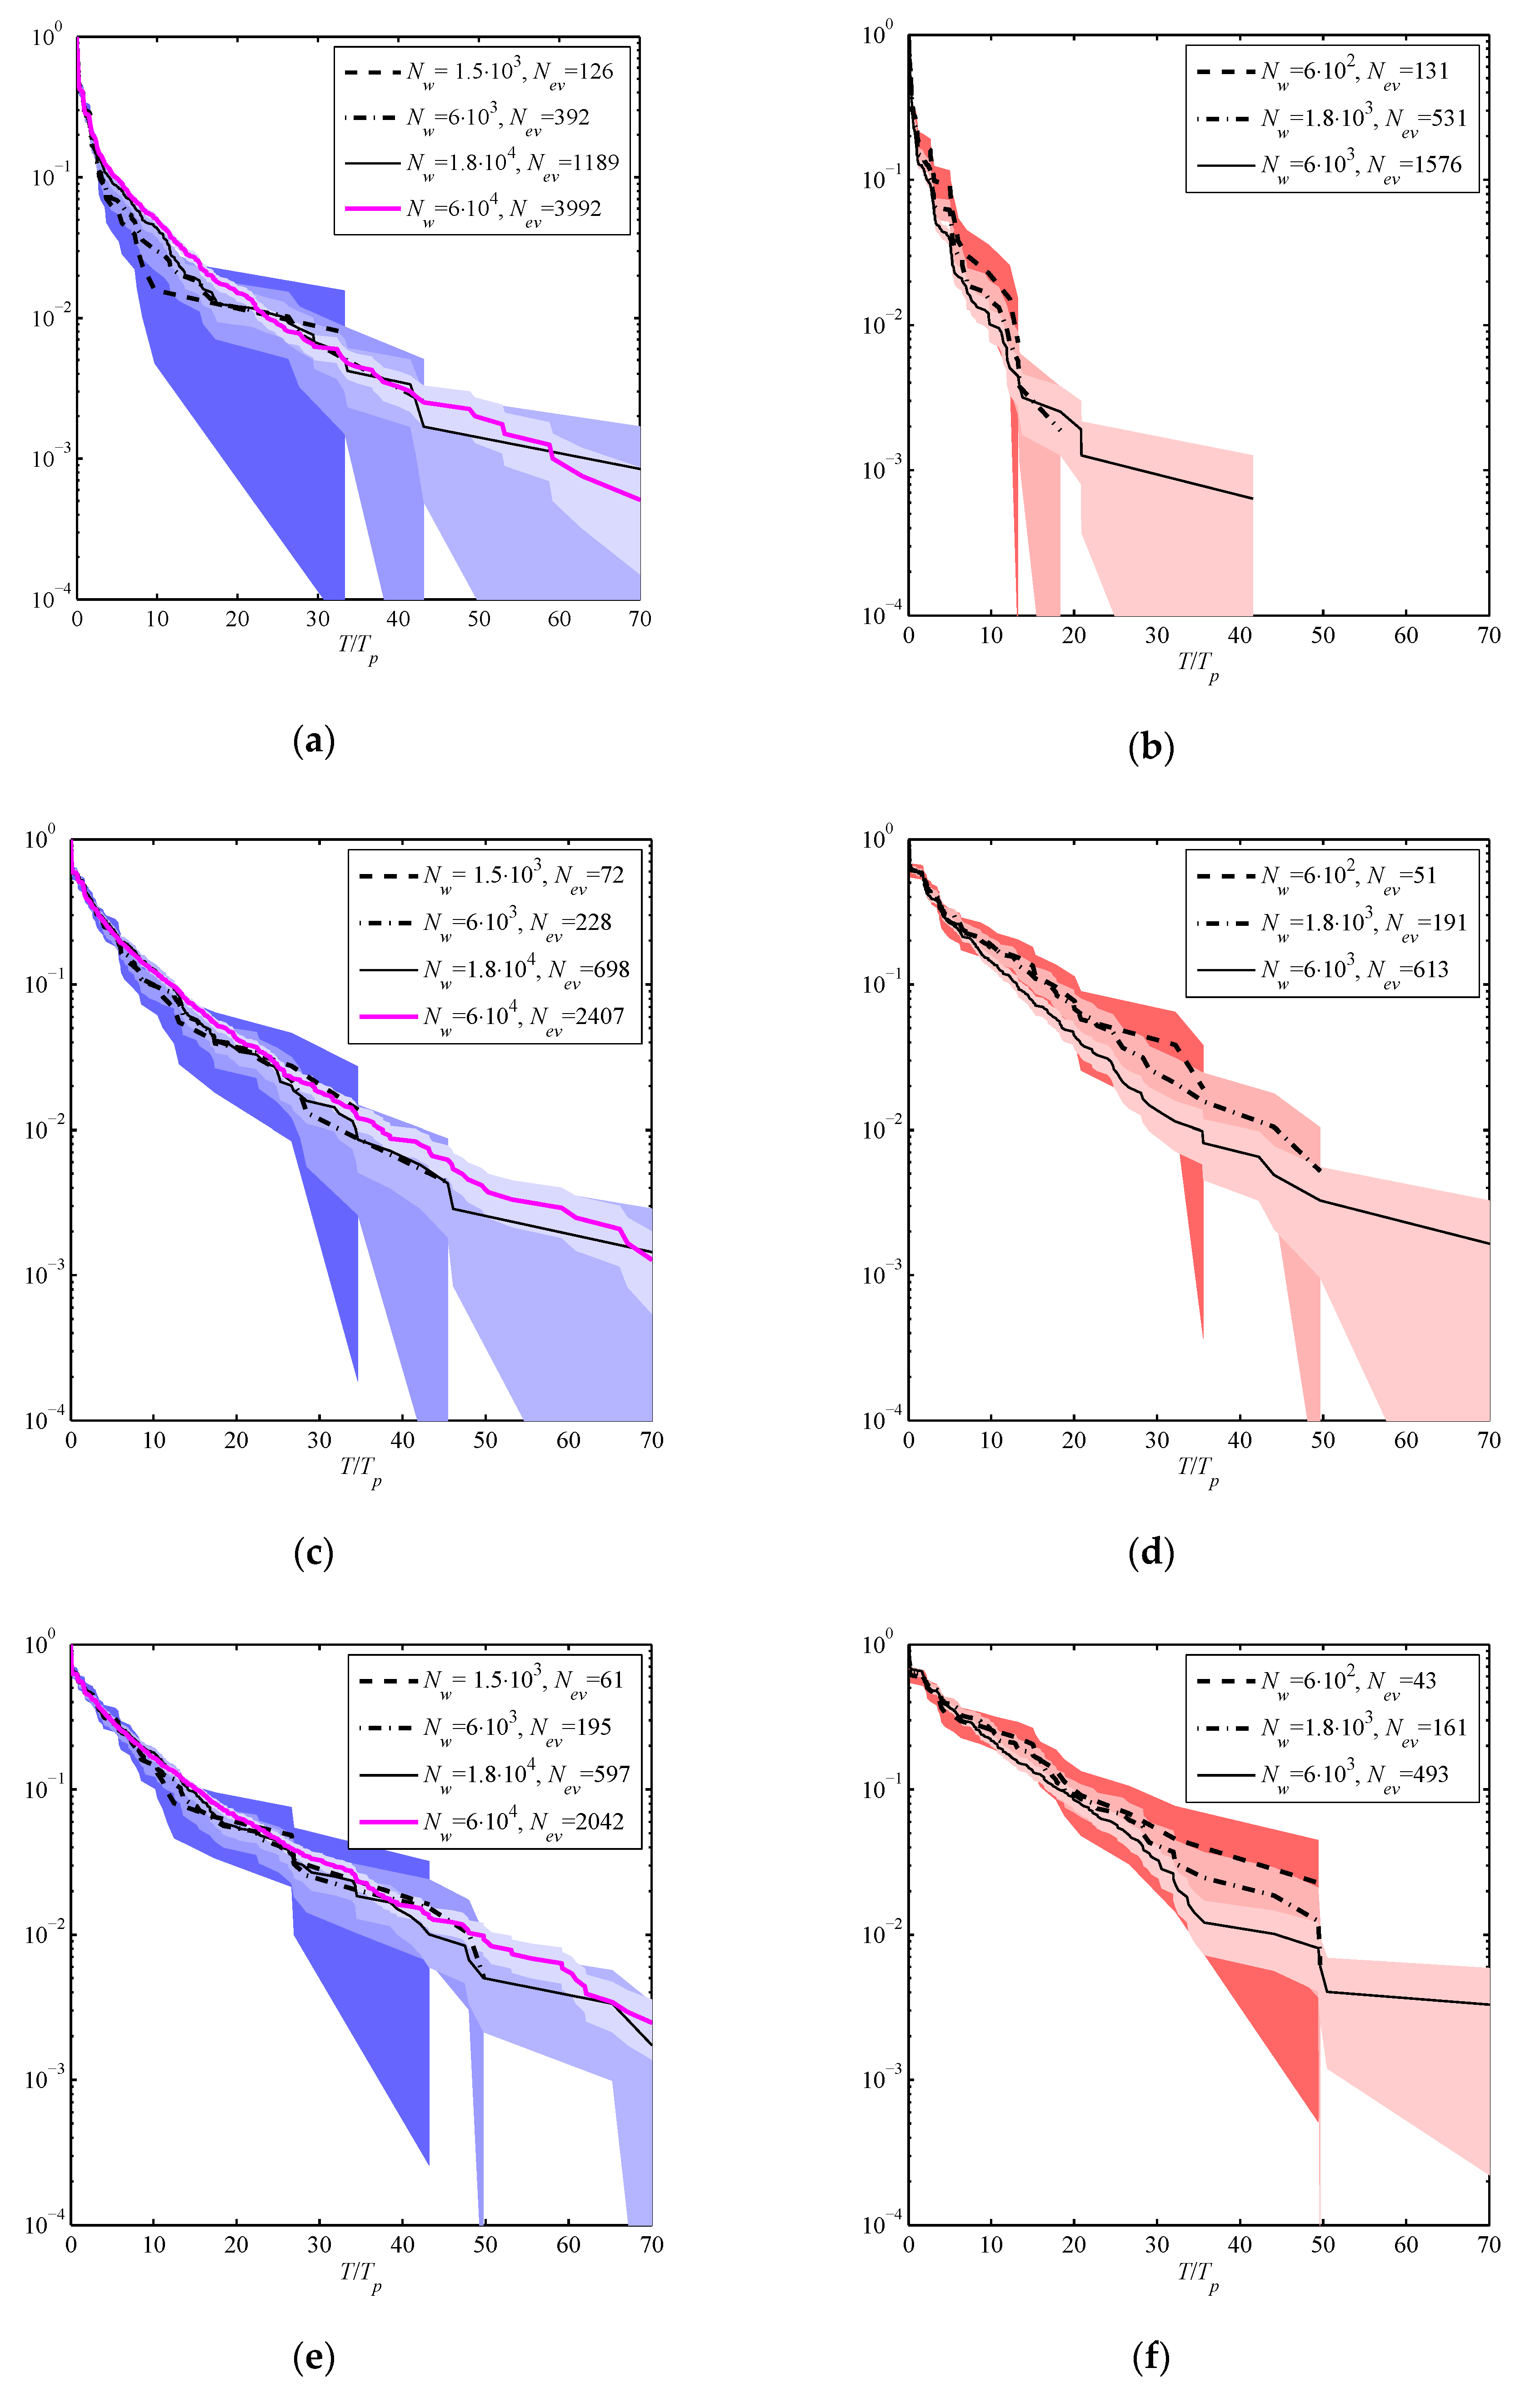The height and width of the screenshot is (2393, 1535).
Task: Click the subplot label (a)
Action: click(x=314, y=741)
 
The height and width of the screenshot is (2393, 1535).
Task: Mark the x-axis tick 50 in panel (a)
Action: click(x=480, y=619)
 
